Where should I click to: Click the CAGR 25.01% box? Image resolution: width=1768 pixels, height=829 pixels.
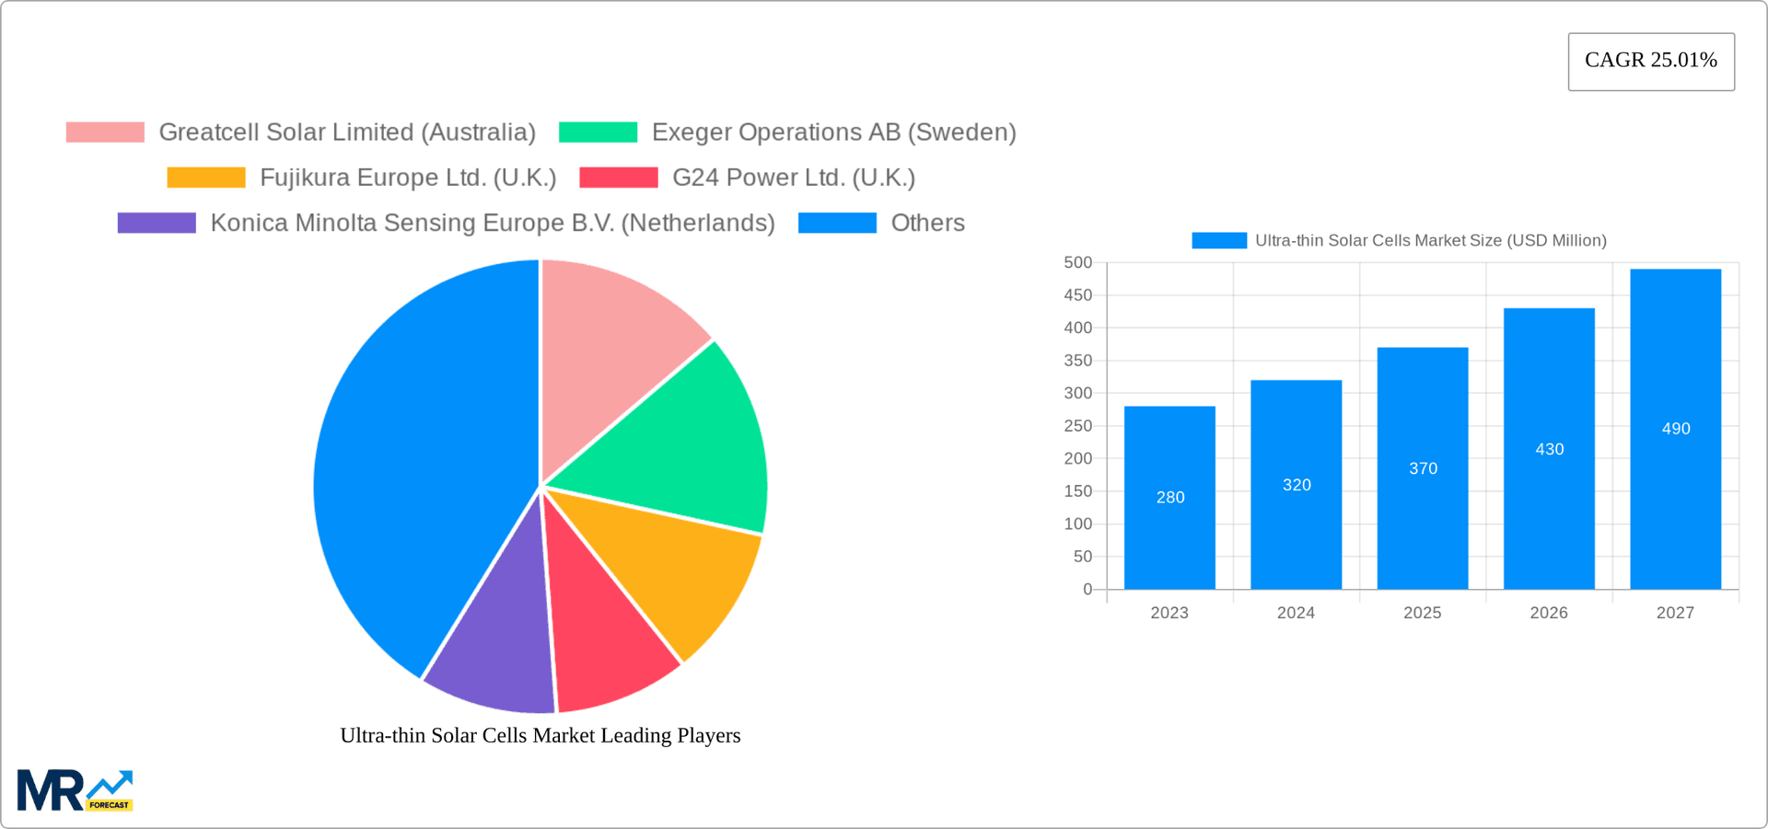(1650, 61)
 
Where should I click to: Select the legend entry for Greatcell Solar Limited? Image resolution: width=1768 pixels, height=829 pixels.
(346, 132)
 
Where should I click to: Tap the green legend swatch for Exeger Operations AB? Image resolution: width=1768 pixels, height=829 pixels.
(598, 132)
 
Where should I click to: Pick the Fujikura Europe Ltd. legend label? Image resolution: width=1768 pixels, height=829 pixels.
(407, 178)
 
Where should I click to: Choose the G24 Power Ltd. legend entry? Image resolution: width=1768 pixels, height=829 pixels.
(793, 178)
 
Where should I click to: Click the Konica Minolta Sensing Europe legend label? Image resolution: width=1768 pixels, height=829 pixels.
(492, 223)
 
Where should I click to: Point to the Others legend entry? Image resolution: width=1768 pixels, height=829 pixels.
(926, 223)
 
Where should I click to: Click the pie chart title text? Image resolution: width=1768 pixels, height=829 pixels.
(540, 735)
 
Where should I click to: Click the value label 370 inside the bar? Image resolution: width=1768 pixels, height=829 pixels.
(1423, 468)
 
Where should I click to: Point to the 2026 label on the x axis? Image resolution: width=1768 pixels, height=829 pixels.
(1549, 613)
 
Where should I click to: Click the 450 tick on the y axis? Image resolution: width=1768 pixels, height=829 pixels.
(1077, 295)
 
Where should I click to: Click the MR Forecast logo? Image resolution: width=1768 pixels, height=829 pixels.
(75, 790)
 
